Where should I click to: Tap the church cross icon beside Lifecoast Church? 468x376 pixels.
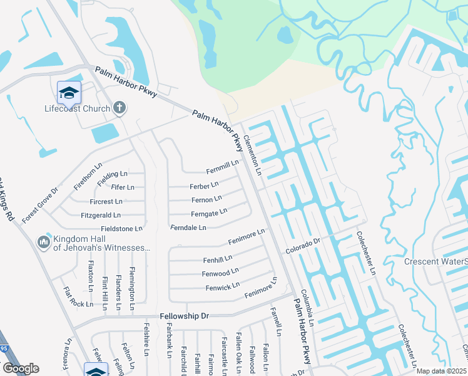pyautogui.click(x=120, y=108)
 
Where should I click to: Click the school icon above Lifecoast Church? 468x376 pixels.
pyautogui.click(x=69, y=93)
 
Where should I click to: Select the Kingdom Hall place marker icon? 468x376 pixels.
pyautogui.click(x=43, y=242)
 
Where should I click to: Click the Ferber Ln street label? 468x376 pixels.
pyautogui.click(x=204, y=185)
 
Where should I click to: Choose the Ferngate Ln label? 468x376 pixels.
pyautogui.click(x=208, y=214)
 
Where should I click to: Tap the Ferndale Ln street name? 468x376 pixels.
pyautogui.click(x=188, y=227)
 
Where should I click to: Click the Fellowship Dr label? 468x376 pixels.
pyautogui.click(x=184, y=316)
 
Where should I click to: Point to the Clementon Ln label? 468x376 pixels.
pyautogui.click(x=252, y=155)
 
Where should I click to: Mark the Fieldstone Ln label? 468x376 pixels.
pyautogui.click(x=121, y=229)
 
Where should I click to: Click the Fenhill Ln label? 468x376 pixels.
pyautogui.click(x=217, y=258)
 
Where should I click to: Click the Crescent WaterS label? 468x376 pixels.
pyautogui.click(x=435, y=261)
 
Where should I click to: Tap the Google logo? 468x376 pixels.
pyautogui.click(x=21, y=368)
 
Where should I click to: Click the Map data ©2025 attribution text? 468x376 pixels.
pyautogui.click(x=440, y=371)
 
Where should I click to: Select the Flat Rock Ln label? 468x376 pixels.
pyautogui.click(x=78, y=297)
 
